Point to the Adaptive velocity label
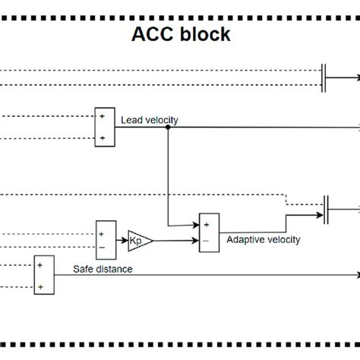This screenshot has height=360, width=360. click(264, 239)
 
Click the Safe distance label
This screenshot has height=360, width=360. click(103, 268)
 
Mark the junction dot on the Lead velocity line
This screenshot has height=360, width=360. click(168, 128)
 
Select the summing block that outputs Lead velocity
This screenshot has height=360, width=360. click(103, 127)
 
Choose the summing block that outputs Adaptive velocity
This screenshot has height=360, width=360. click(207, 231)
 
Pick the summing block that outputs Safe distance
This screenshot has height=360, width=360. click(43, 275)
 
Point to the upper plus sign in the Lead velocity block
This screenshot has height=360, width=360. click(101, 116)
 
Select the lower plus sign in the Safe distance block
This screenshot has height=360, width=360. click(41, 286)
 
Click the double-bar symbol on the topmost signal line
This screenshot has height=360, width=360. click(324, 77)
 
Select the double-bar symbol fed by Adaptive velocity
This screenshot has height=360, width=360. click(326, 208)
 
